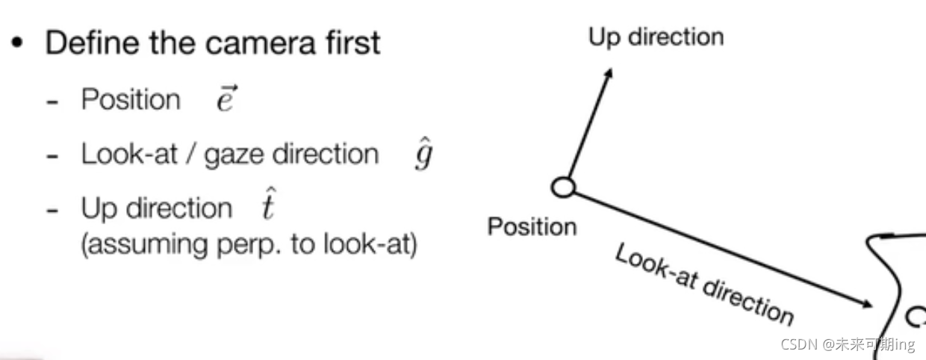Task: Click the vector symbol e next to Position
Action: pos(226,99)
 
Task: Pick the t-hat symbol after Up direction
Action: pos(268,207)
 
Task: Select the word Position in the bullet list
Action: pos(131,99)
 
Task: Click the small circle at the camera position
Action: pos(564,187)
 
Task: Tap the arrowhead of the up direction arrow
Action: pos(609,73)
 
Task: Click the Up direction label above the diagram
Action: pos(656,37)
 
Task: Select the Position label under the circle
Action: pos(532,226)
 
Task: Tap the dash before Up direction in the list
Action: pos(52,210)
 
